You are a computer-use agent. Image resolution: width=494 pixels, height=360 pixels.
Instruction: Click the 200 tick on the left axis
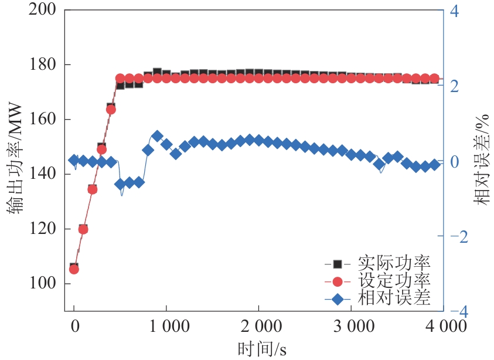43,11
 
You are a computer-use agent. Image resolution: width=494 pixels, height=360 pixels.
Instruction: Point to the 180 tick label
43,65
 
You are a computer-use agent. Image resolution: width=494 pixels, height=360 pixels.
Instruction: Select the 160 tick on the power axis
43,120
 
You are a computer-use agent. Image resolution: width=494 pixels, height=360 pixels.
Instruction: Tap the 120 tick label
43,229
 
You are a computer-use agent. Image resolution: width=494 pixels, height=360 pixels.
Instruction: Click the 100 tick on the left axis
43,284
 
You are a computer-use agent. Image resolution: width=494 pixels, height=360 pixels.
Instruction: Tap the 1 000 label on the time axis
166,327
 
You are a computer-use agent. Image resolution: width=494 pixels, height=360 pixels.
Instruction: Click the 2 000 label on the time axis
258,327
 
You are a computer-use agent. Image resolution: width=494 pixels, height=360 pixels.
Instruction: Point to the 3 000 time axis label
350,327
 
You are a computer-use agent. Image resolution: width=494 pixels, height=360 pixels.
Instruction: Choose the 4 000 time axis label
442,327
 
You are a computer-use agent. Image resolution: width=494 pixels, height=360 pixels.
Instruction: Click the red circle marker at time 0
74,269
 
